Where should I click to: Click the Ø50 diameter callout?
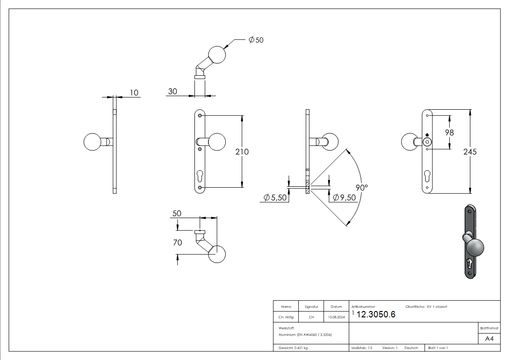coord(256,40)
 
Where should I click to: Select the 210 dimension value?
coord(242,152)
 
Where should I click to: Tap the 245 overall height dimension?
coord(470,152)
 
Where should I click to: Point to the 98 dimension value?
coord(449,132)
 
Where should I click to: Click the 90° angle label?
coord(361,187)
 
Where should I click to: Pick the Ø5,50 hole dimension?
coord(275,198)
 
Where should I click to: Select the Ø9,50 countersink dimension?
coord(344,198)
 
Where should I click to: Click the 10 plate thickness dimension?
coord(134,92)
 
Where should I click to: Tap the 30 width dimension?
coord(172,92)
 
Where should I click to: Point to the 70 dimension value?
coord(177,243)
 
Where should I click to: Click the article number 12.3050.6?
coord(376,315)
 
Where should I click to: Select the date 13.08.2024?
coord(336,317)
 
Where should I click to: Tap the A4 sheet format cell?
coord(490,339)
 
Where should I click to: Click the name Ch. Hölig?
coord(286,317)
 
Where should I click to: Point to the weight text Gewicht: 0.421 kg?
coord(293,348)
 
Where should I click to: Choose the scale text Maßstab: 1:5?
coord(362,348)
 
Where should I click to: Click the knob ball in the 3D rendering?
coord(474,248)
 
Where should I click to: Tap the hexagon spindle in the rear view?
coord(427,142)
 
